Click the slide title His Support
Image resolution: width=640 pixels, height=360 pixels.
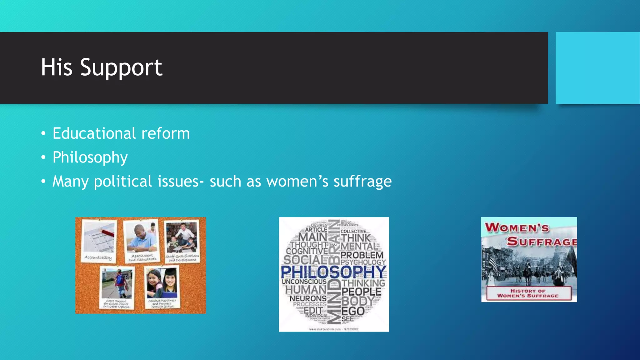(102, 67)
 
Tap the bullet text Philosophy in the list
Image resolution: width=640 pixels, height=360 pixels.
(90, 157)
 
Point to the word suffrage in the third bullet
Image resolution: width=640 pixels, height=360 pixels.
(362, 182)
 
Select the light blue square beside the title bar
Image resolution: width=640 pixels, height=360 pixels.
(597, 68)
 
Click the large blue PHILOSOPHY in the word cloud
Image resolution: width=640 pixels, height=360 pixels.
(334, 272)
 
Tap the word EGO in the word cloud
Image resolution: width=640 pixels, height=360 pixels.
(353, 311)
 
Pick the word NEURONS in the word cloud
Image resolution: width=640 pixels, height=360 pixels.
(308, 298)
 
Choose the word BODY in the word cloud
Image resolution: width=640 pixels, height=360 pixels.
(358, 301)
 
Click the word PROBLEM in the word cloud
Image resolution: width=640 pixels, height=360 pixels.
(362, 255)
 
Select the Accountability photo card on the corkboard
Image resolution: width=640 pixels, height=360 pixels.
(99, 240)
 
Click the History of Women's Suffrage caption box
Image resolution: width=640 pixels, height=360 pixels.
(528, 293)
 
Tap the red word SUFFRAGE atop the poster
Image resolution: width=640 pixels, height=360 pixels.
(542, 242)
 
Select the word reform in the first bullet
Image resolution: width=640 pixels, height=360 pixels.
(166, 133)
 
